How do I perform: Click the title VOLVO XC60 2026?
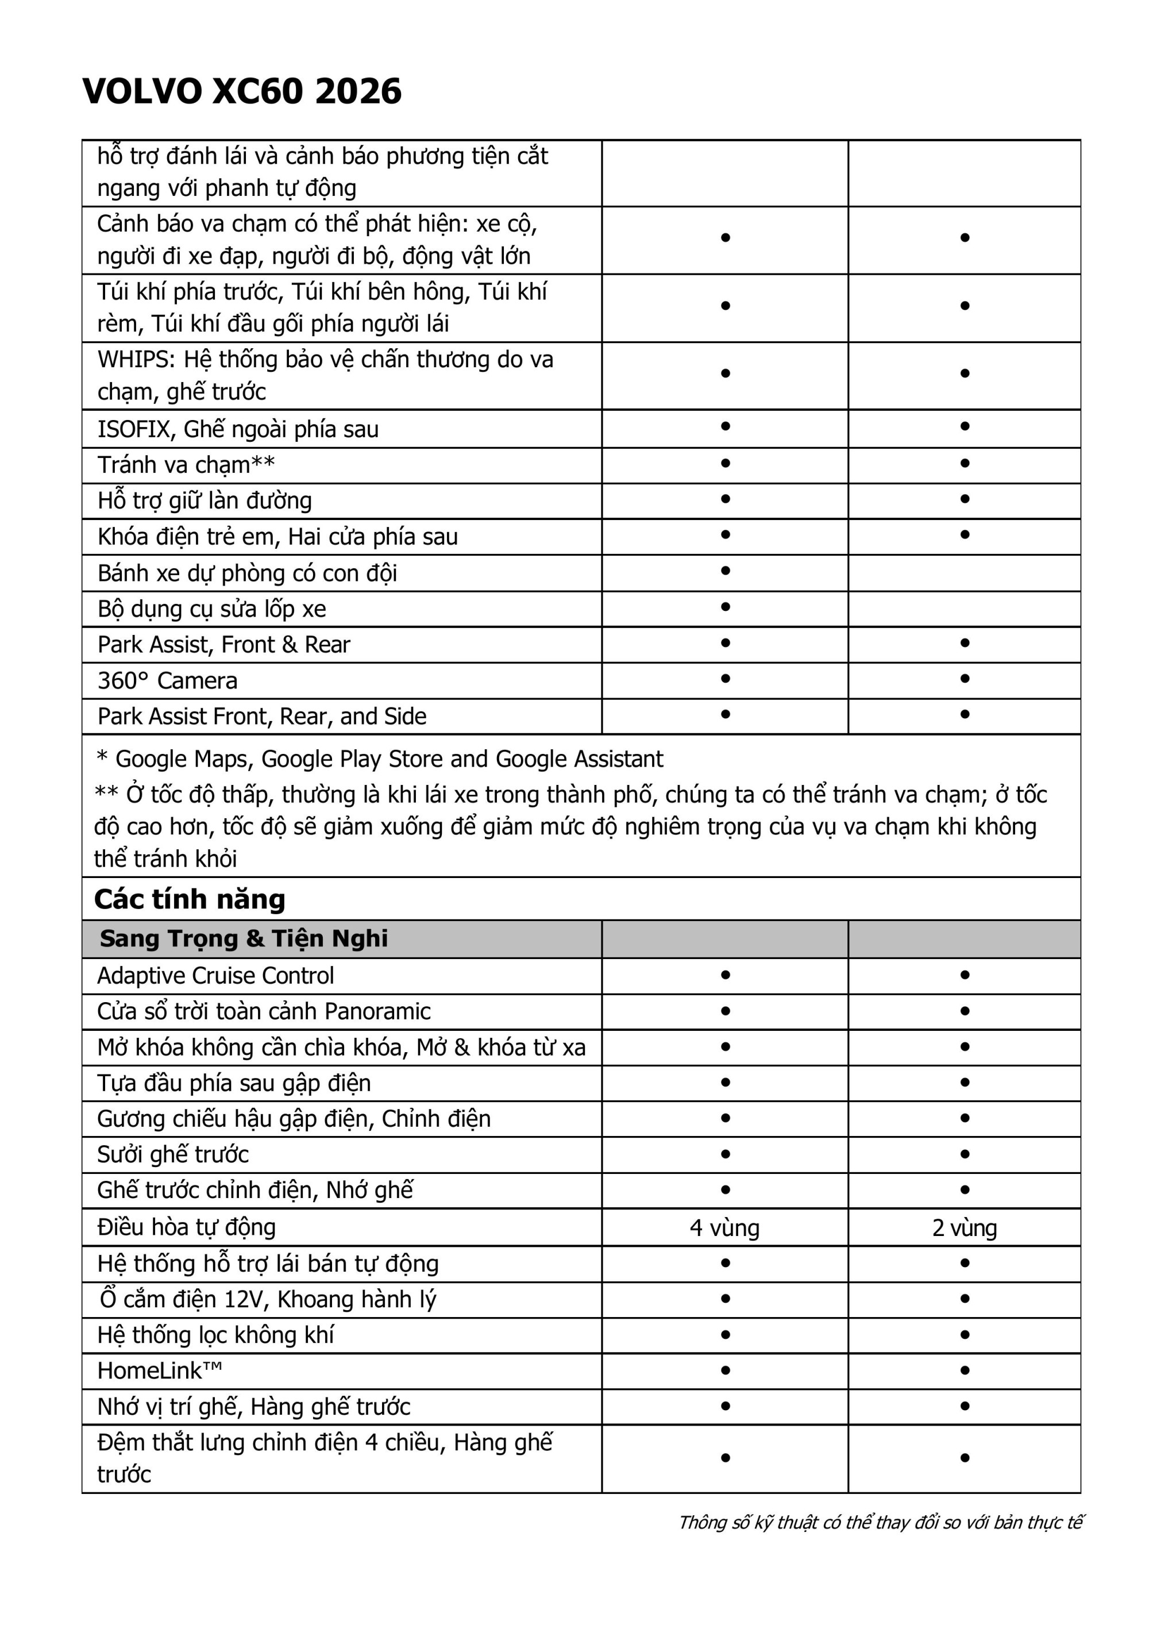coord(242,92)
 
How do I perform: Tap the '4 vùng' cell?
coord(724,1227)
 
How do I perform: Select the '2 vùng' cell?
coord(965,1227)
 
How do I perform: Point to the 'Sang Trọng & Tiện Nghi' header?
coord(244,938)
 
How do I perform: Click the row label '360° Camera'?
coord(168,681)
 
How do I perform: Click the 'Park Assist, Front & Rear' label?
coord(223,645)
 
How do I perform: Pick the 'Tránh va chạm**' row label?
coord(186,465)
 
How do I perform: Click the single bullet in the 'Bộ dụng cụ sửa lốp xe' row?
coord(725,607)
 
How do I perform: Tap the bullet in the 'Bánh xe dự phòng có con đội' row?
coord(725,571)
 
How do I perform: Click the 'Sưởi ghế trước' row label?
coord(173,1154)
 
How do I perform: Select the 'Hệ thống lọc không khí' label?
coord(216,1335)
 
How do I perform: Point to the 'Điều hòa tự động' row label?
coord(187,1227)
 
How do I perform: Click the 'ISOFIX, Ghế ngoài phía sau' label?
coord(238,429)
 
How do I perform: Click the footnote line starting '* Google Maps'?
coord(380,758)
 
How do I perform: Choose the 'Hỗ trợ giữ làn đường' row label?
coord(205,501)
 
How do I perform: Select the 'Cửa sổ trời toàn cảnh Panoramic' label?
coord(264,1011)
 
